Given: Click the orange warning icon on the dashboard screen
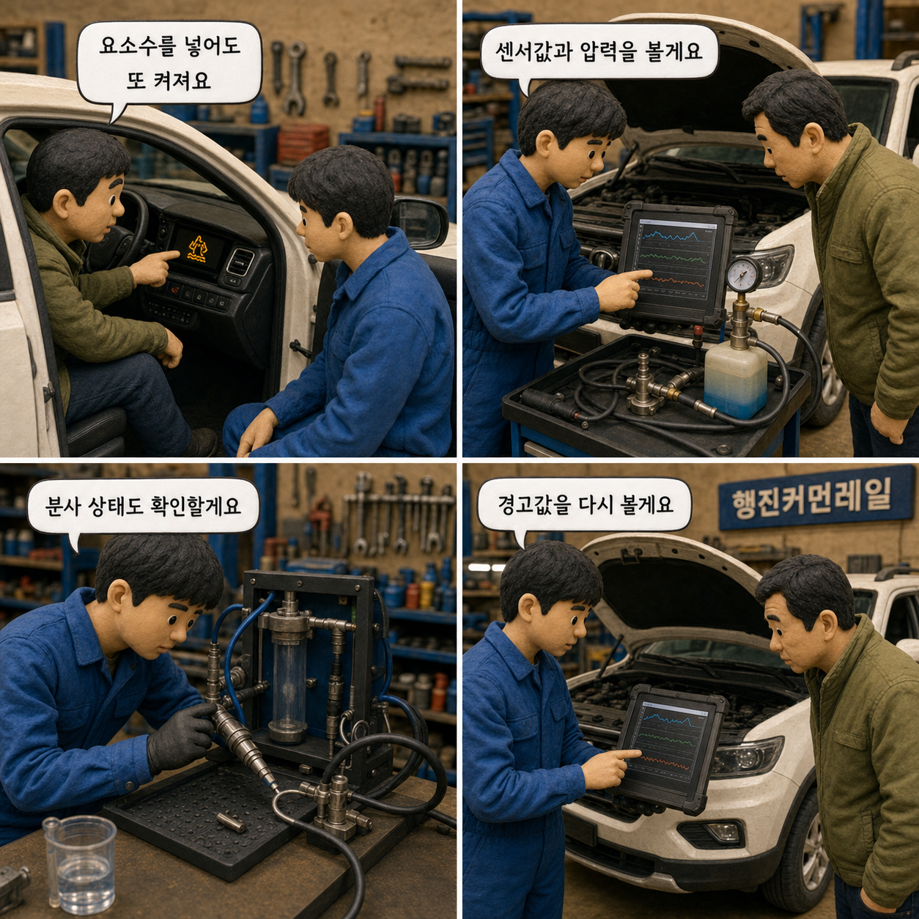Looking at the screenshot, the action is point(197,248).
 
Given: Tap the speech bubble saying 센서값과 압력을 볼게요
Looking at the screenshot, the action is point(599,51).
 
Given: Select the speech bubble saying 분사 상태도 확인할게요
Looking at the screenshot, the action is point(143,506).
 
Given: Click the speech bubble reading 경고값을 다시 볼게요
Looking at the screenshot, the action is point(584,504).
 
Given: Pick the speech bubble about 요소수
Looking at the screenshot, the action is point(169,64).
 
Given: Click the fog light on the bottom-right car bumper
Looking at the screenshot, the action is point(723,832).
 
